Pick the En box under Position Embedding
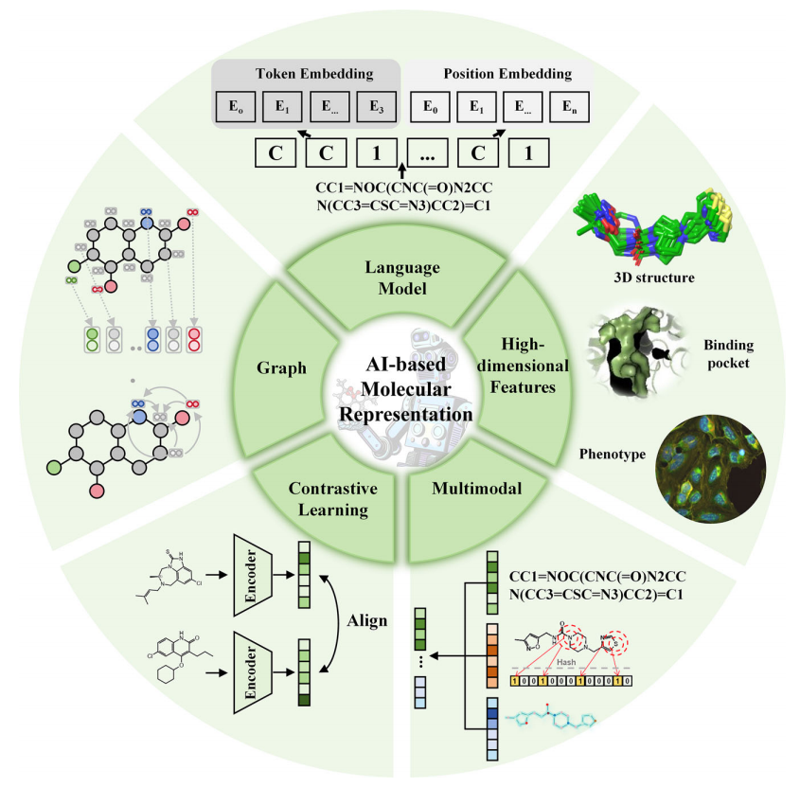(x=569, y=107)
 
